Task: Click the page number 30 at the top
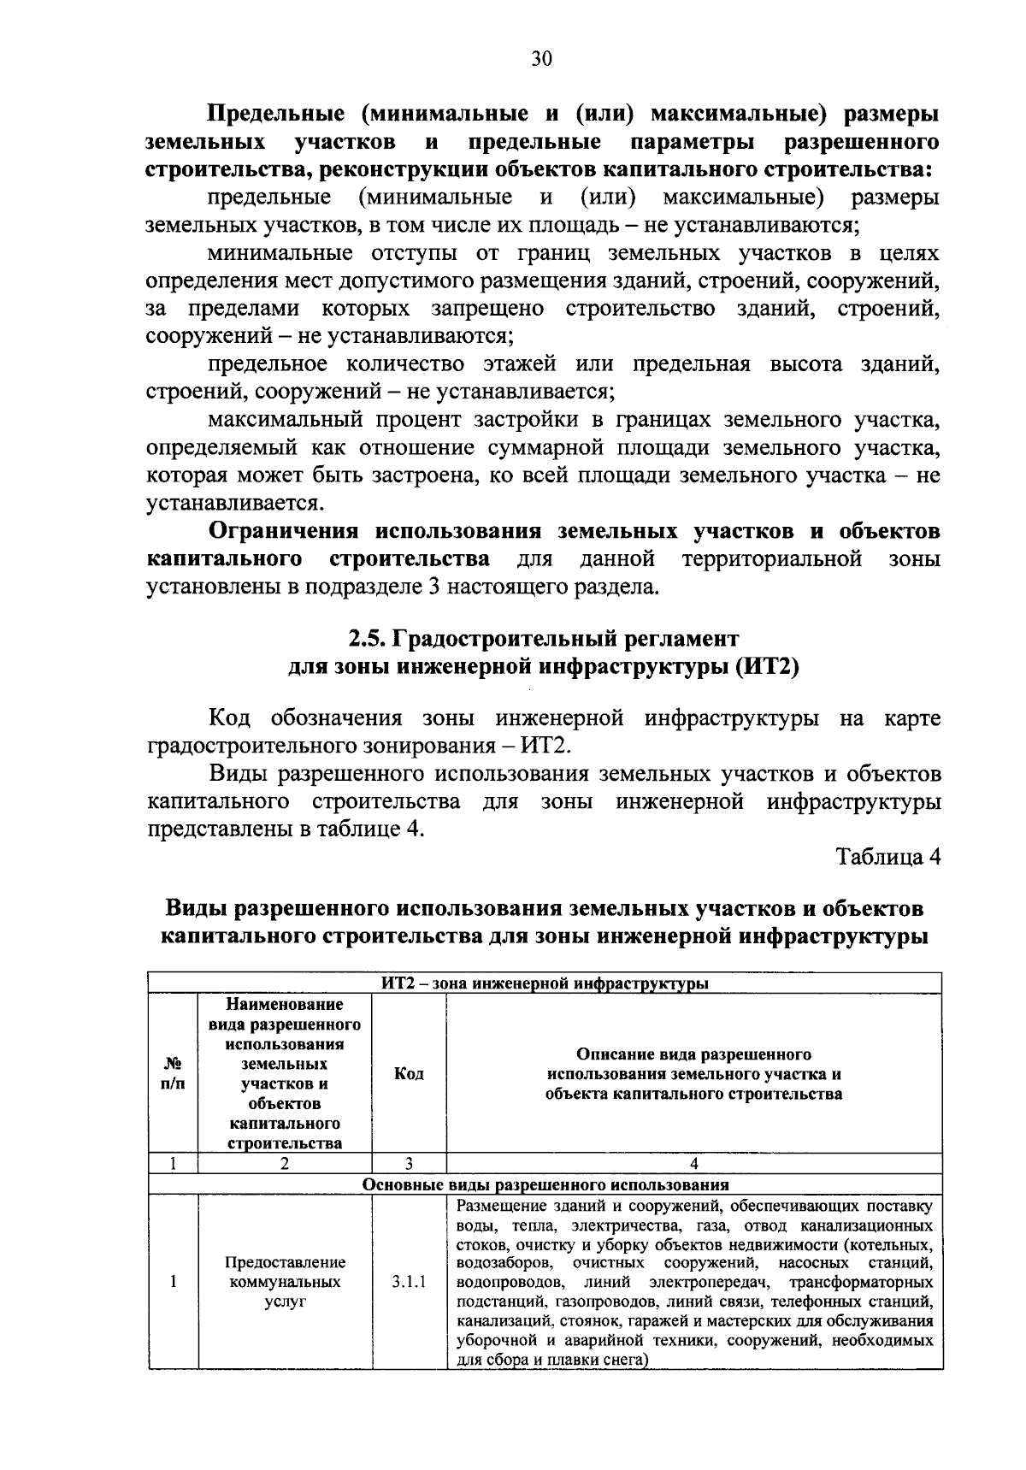click(x=542, y=58)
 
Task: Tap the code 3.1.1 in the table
click(x=409, y=1282)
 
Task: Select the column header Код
click(x=409, y=1073)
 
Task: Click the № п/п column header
click(x=172, y=1073)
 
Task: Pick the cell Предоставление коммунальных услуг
click(x=285, y=1282)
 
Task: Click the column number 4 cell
click(x=693, y=1163)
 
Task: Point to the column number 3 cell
click(x=409, y=1163)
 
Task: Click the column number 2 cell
click(x=285, y=1163)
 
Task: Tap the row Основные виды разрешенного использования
click(x=545, y=1184)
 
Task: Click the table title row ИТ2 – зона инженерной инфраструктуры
click(x=545, y=983)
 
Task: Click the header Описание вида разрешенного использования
click(x=693, y=1073)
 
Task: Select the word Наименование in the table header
click(x=285, y=1004)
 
